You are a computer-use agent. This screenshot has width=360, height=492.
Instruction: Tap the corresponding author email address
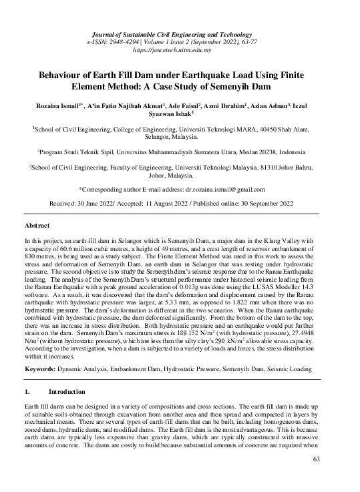(x=231, y=190)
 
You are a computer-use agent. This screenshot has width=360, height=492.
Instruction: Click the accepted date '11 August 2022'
(x=187, y=202)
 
